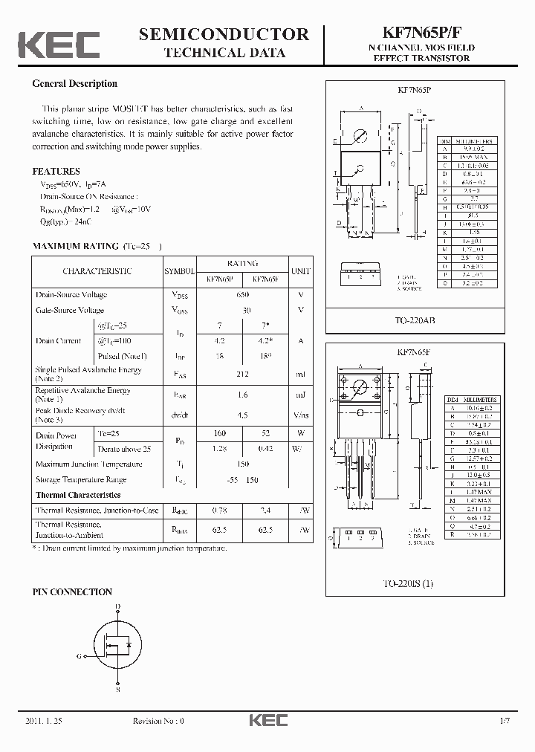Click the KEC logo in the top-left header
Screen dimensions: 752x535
click(x=59, y=45)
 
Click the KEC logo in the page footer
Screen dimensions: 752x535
click(x=267, y=721)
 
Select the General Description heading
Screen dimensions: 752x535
click(x=74, y=84)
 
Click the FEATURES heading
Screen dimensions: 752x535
click(x=56, y=171)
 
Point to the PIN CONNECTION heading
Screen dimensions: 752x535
click(x=72, y=592)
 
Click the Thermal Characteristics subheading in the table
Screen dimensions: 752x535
click(x=78, y=495)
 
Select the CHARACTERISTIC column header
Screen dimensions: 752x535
click(x=97, y=271)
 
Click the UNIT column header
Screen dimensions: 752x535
click(x=301, y=271)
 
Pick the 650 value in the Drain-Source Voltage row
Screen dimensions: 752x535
click(x=243, y=295)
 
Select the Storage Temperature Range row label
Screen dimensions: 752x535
click(x=81, y=480)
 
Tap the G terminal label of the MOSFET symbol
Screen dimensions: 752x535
click(x=79, y=656)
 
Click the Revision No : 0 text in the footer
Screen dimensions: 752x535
click(x=158, y=721)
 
